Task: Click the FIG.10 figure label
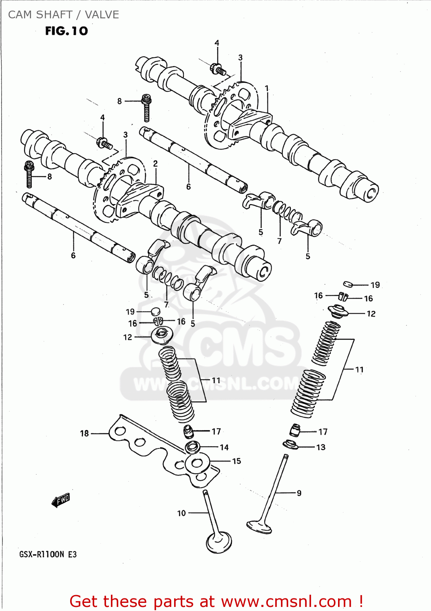(66, 31)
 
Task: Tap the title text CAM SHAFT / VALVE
(64, 15)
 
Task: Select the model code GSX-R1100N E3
(48, 554)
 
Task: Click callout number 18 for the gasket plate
(84, 433)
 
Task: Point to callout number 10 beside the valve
(181, 513)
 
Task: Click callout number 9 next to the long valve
(299, 493)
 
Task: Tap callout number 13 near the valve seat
(321, 447)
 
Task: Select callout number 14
(224, 447)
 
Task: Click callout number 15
(236, 461)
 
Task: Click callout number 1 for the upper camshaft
(267, 88)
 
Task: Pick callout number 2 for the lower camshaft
(155, 163)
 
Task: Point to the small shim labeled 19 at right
(348, 284)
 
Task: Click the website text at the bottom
(216, 601)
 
